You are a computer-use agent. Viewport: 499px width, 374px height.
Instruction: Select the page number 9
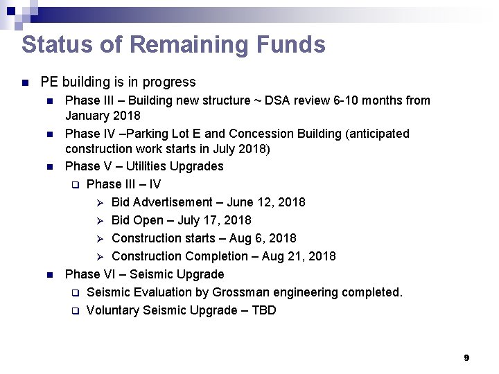click(x=466, y=357)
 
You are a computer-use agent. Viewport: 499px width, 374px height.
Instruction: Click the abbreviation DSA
click(x=286, y=100)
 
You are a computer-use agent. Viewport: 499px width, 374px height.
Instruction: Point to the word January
click(x=89, y=116)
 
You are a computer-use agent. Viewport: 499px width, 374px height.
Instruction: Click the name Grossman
click(x=223, y=292)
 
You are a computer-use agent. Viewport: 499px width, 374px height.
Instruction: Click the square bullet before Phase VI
click(x=49, y=275)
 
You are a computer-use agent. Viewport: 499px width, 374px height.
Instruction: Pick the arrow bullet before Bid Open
click(x=99, y=220)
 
